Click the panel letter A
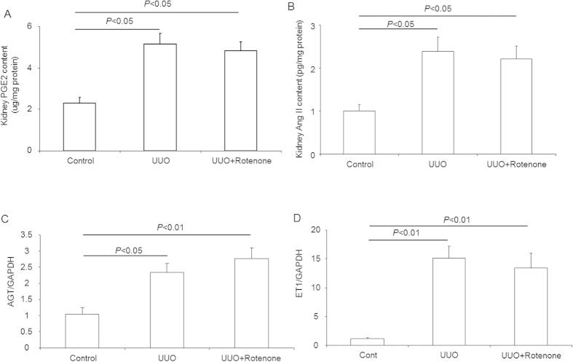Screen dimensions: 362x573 point(7,8)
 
